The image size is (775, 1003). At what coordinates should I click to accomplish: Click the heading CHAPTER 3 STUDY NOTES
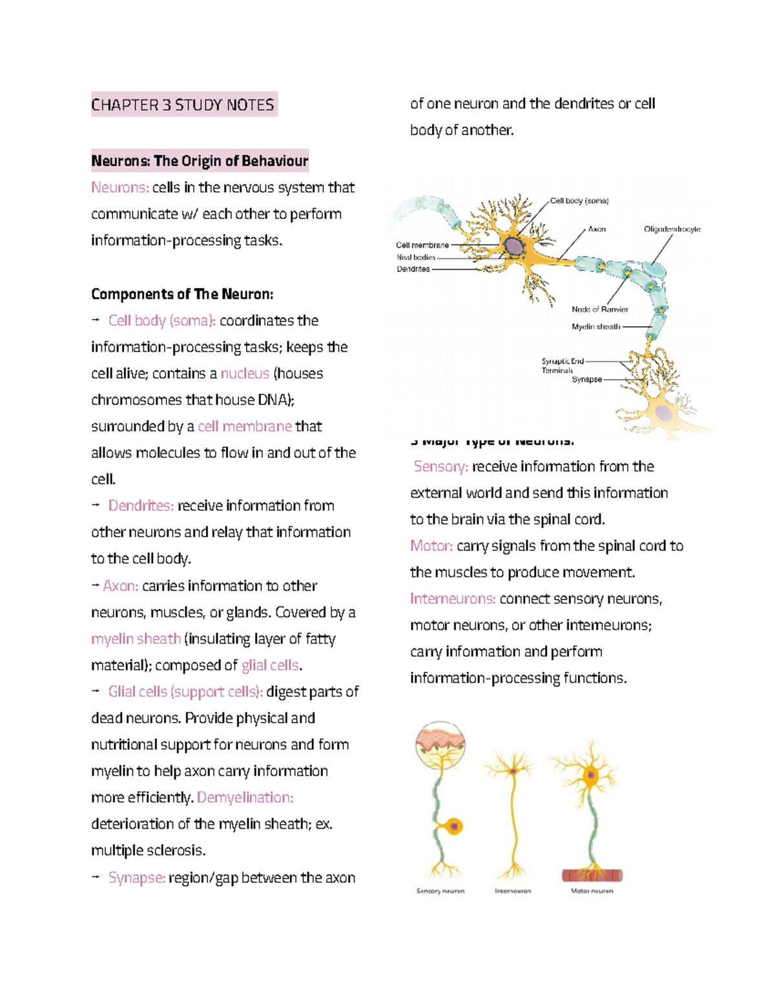183,105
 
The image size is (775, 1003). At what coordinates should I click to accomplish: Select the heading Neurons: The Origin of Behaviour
200,161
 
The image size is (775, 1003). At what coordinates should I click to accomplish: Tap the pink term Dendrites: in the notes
141,506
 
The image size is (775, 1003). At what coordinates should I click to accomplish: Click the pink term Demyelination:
245,798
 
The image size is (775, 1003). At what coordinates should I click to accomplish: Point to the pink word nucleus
245,373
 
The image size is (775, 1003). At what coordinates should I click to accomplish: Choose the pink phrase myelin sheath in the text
136,639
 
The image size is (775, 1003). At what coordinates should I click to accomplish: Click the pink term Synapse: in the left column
137,878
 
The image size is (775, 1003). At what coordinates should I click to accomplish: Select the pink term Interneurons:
453,599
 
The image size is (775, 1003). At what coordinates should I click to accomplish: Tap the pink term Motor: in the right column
431,546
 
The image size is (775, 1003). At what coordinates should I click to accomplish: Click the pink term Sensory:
441,466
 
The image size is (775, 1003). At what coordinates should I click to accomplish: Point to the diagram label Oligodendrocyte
672,229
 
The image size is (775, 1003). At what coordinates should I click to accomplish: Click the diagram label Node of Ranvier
599,309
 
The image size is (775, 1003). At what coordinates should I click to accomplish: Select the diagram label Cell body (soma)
579,201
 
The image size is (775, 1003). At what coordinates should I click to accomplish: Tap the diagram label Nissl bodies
416,257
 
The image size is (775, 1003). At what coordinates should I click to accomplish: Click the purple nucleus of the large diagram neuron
514,247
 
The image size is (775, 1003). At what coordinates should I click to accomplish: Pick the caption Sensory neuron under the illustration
440,891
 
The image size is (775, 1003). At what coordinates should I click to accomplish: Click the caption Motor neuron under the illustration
592,891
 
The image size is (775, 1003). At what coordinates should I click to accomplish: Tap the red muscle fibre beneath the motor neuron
592,875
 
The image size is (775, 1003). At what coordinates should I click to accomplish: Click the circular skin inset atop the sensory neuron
440,745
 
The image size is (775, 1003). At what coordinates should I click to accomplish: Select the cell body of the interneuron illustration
513,770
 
